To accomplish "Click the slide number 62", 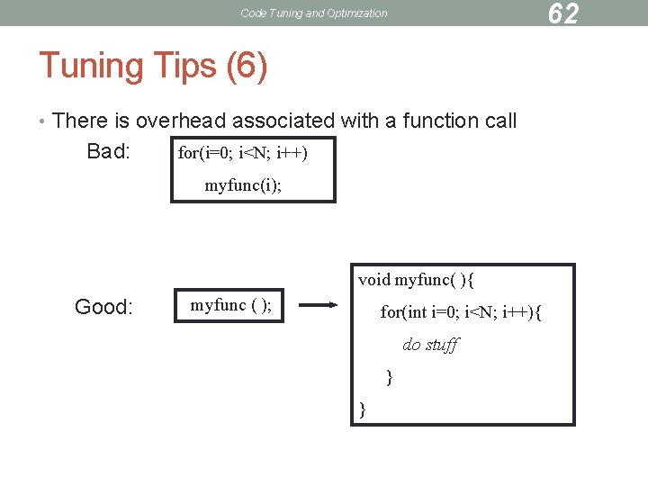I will tap(562, 13).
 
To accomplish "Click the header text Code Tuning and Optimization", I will tap(314, 13).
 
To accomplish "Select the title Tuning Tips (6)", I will tap(153, 66).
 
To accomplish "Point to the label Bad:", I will tap(109, 150).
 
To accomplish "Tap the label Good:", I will tap(103, 308).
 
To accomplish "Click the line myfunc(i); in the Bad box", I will tap(242, 185).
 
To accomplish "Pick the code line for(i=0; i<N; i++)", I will tap(243, 152).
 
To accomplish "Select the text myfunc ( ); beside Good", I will tap(230, 305).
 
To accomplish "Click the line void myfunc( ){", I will tap(416, 280).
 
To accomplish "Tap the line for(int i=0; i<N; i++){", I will tap(461, 312).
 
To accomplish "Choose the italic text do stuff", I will tap(430, 345).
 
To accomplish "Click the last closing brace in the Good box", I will tap(363, 409).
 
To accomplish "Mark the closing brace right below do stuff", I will tap(389, 377).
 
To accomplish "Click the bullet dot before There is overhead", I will tap(43, 121).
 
